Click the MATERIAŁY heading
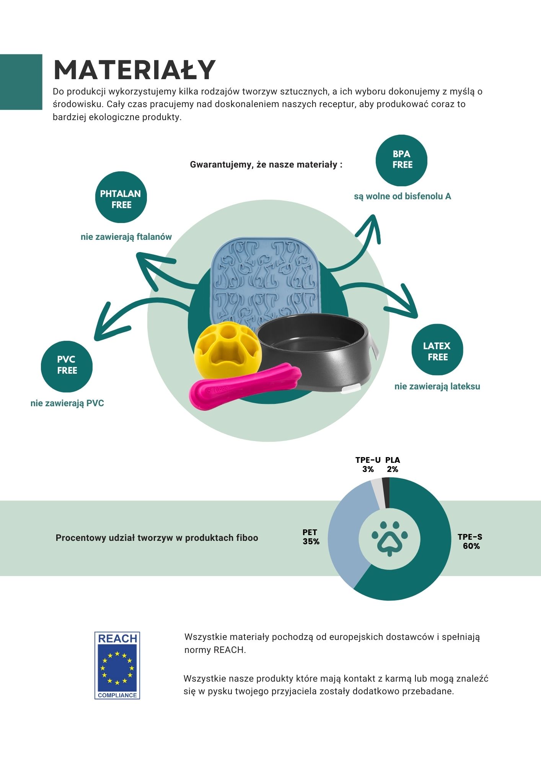[x=135, y=70]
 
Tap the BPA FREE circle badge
[x=401, y=160]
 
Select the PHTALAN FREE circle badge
[x=121, y=197]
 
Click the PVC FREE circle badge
[x=67, y=365]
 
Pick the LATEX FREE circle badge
[x=437, y=350]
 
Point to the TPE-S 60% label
[x=470, y=541]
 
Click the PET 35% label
[x=311, y=537]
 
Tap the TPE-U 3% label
[x=368, y=464]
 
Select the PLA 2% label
[x=393, y=464]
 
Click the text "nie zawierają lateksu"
[x=437, y=386]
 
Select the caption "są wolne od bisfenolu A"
[x=402, y=196]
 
